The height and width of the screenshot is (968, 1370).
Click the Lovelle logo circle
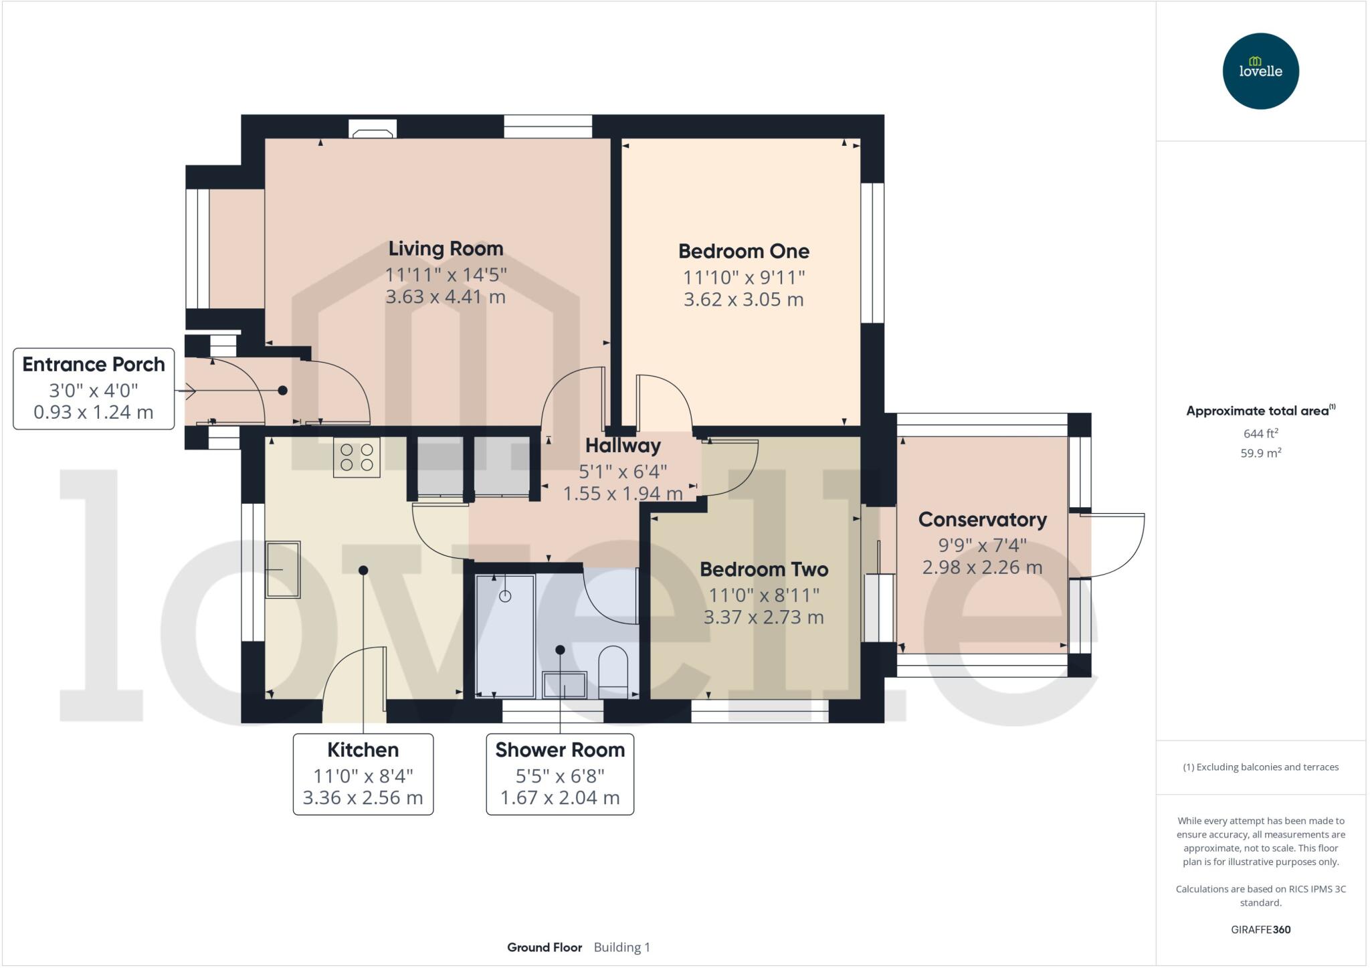(x=1260, y=71)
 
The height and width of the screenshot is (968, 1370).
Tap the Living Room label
(x=446, y=249)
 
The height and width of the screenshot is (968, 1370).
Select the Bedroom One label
(x=743, y=252)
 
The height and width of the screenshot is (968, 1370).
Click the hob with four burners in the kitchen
(x=357, y=457)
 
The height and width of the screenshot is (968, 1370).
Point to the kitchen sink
(x=283, y=569)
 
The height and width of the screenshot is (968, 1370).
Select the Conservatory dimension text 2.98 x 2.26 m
(x=981, y=568)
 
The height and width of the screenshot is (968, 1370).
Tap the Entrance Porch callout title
(x=94, y=365)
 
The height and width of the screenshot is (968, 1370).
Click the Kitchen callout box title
(x=363, y=750)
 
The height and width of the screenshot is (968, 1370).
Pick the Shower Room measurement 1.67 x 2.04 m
(x=560, y=798)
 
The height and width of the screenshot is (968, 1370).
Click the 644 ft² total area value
(x=1260, y=433)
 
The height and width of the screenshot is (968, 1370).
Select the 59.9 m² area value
(x=1260, y=454)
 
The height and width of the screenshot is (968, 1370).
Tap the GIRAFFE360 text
(x=1260, y=929)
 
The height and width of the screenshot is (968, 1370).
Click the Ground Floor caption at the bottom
(x=544, y=947)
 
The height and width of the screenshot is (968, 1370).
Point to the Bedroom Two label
(x=764, y=570)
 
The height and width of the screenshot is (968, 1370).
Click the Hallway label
(x=623, y=446)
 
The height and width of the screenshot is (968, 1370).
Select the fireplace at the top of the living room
(x=373, y=129)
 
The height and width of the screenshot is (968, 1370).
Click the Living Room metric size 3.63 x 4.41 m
(x=446, y=297)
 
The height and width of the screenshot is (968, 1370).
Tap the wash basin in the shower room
(x=565, y=685)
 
